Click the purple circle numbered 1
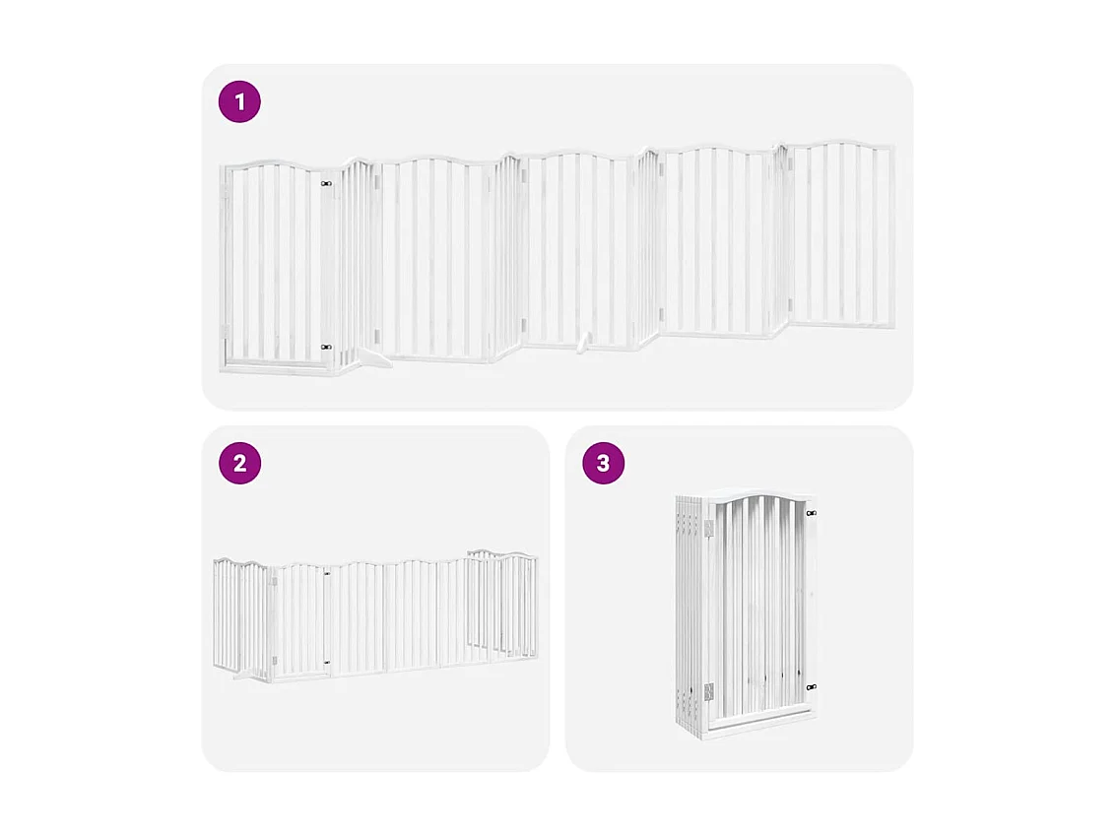[239, 101]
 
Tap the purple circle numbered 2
[239, 463]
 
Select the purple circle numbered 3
[603, 463]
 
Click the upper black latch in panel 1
[326, 183]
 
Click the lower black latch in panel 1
[326, 347]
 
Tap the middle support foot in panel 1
[584, 343]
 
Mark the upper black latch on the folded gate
[811, 513]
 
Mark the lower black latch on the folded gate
[811, 687]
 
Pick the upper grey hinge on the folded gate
[708, 531]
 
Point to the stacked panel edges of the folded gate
[689, 611]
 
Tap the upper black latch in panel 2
[327, 572]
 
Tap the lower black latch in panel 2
[327, 662]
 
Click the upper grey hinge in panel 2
[273, 581]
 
